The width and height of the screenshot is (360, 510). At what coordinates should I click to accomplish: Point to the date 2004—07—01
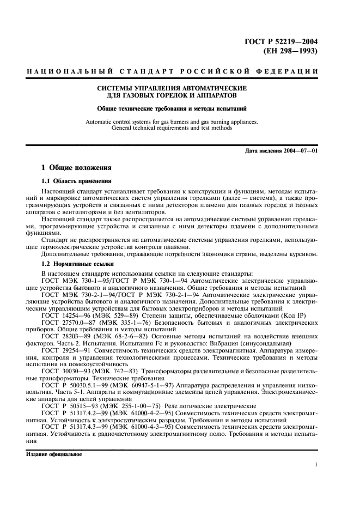(x=299, y=150)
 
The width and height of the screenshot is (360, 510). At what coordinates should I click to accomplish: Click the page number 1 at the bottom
(x=316, y=465)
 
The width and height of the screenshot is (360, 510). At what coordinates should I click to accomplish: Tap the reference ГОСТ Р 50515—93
(x=67, y=407)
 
